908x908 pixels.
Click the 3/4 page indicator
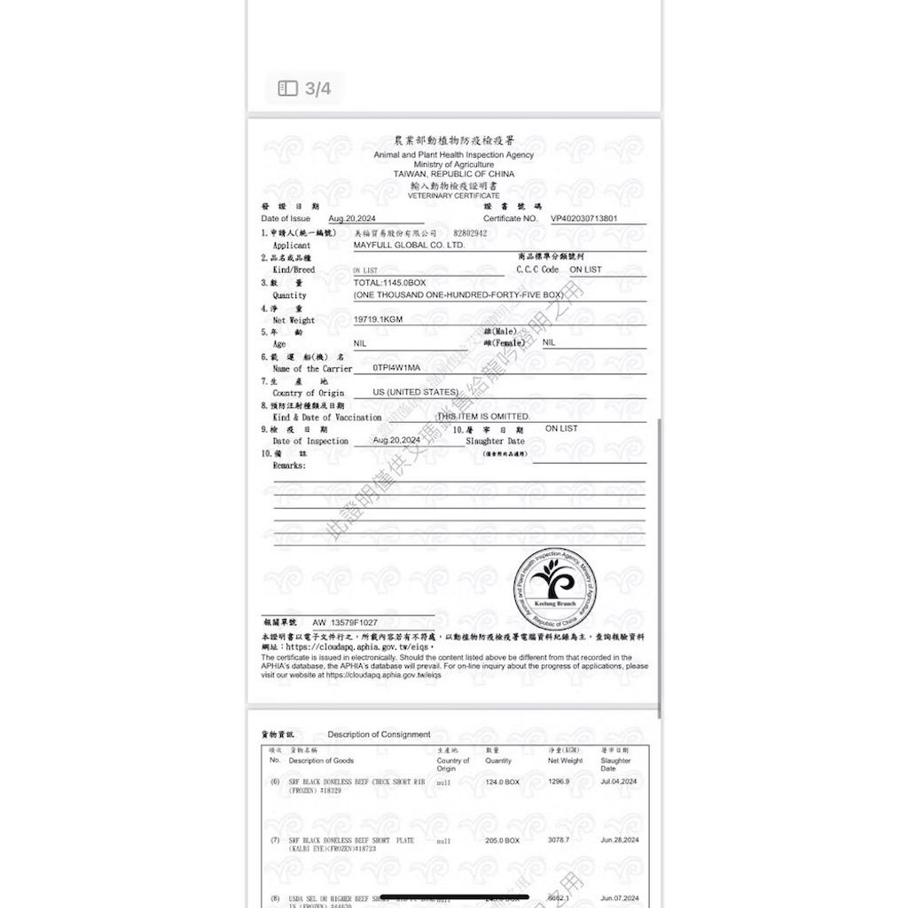305,89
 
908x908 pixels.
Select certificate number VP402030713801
584,218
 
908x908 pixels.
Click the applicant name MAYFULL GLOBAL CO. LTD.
409,245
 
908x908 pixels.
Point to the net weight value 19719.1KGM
379,319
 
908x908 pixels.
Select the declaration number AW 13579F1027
345,622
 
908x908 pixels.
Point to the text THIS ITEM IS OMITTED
483,416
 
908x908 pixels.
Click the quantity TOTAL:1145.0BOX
389,282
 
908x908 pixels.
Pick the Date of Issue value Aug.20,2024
352,218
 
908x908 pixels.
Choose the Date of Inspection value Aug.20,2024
396,440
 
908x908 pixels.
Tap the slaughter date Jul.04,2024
618,782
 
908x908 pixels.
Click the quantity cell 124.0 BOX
502,782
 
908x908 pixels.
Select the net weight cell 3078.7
559,840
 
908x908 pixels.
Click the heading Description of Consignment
379,734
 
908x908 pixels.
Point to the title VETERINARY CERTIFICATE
454,196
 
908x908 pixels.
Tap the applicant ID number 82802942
470,233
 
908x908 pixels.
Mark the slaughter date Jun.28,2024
618,840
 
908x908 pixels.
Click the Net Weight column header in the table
565,761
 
